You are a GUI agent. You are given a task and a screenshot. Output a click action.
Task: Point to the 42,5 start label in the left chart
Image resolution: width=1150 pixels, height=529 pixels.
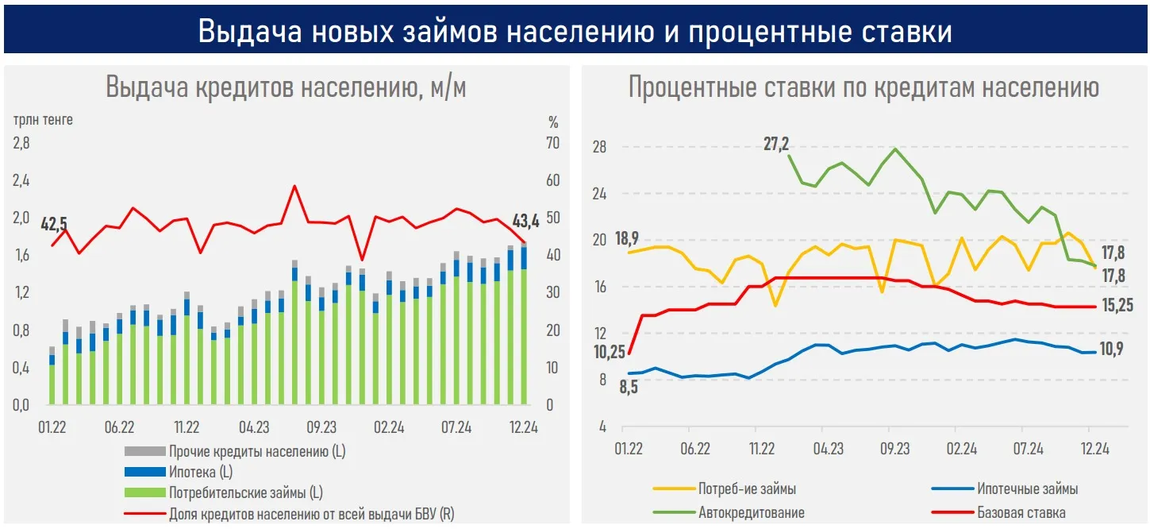tap(54, 223)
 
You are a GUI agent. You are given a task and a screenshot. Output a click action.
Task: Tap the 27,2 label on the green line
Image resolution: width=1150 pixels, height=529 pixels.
tap(776, 144)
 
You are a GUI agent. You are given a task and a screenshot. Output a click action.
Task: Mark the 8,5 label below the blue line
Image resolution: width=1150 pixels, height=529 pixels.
tap(629, 388)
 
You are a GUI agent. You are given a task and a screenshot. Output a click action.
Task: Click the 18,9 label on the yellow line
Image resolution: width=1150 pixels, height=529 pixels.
tap(627, 238)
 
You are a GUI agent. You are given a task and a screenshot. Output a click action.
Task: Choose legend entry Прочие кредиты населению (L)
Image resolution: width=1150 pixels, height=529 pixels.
tap(257, 452)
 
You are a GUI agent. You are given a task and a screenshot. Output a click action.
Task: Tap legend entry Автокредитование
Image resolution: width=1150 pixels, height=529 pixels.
tap(751, 512)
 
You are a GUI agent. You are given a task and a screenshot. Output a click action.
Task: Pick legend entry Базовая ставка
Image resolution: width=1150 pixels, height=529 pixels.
tap(1021, 512)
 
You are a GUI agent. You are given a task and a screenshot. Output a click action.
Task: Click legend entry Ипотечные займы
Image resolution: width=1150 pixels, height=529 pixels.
tap(1028, 489)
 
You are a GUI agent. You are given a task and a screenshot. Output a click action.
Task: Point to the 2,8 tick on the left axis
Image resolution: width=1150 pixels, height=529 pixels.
tap(21, 143)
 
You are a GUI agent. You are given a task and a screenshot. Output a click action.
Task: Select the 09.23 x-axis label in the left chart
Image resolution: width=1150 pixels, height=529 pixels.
tap(321, 427)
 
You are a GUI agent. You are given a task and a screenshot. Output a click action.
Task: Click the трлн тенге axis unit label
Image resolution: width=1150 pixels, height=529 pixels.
tap(43, 120)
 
